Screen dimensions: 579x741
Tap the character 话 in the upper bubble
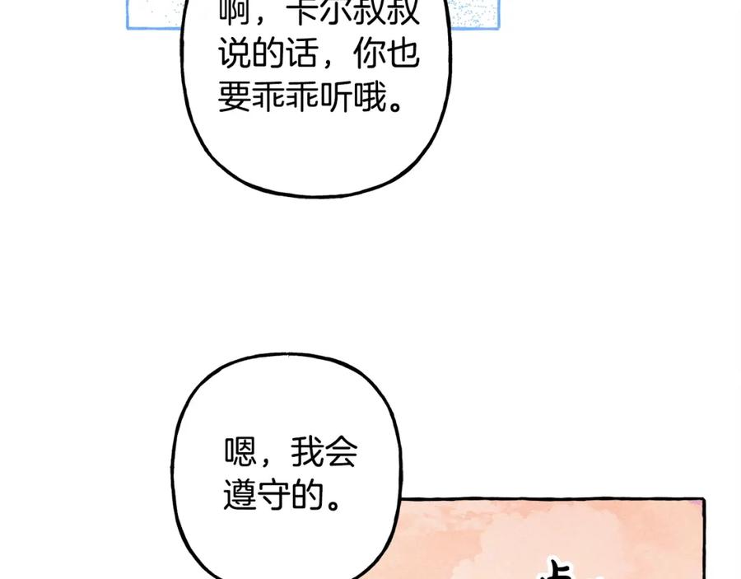(303, 54)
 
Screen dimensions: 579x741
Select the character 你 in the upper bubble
(369, 54)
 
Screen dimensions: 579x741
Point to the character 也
(403, 54)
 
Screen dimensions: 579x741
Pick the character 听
(337, 96)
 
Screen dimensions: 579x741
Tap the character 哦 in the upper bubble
(370, 96)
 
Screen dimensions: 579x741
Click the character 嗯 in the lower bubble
(240, 453)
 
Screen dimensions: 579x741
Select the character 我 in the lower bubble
(307, 453)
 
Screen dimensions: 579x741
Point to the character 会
(341, 453)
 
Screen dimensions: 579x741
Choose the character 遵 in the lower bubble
(240, 494)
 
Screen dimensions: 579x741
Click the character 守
(273, 494)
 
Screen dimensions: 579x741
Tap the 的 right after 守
(307, 494)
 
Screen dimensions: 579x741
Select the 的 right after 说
(268, 54)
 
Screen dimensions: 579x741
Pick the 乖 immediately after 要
(268, 96)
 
